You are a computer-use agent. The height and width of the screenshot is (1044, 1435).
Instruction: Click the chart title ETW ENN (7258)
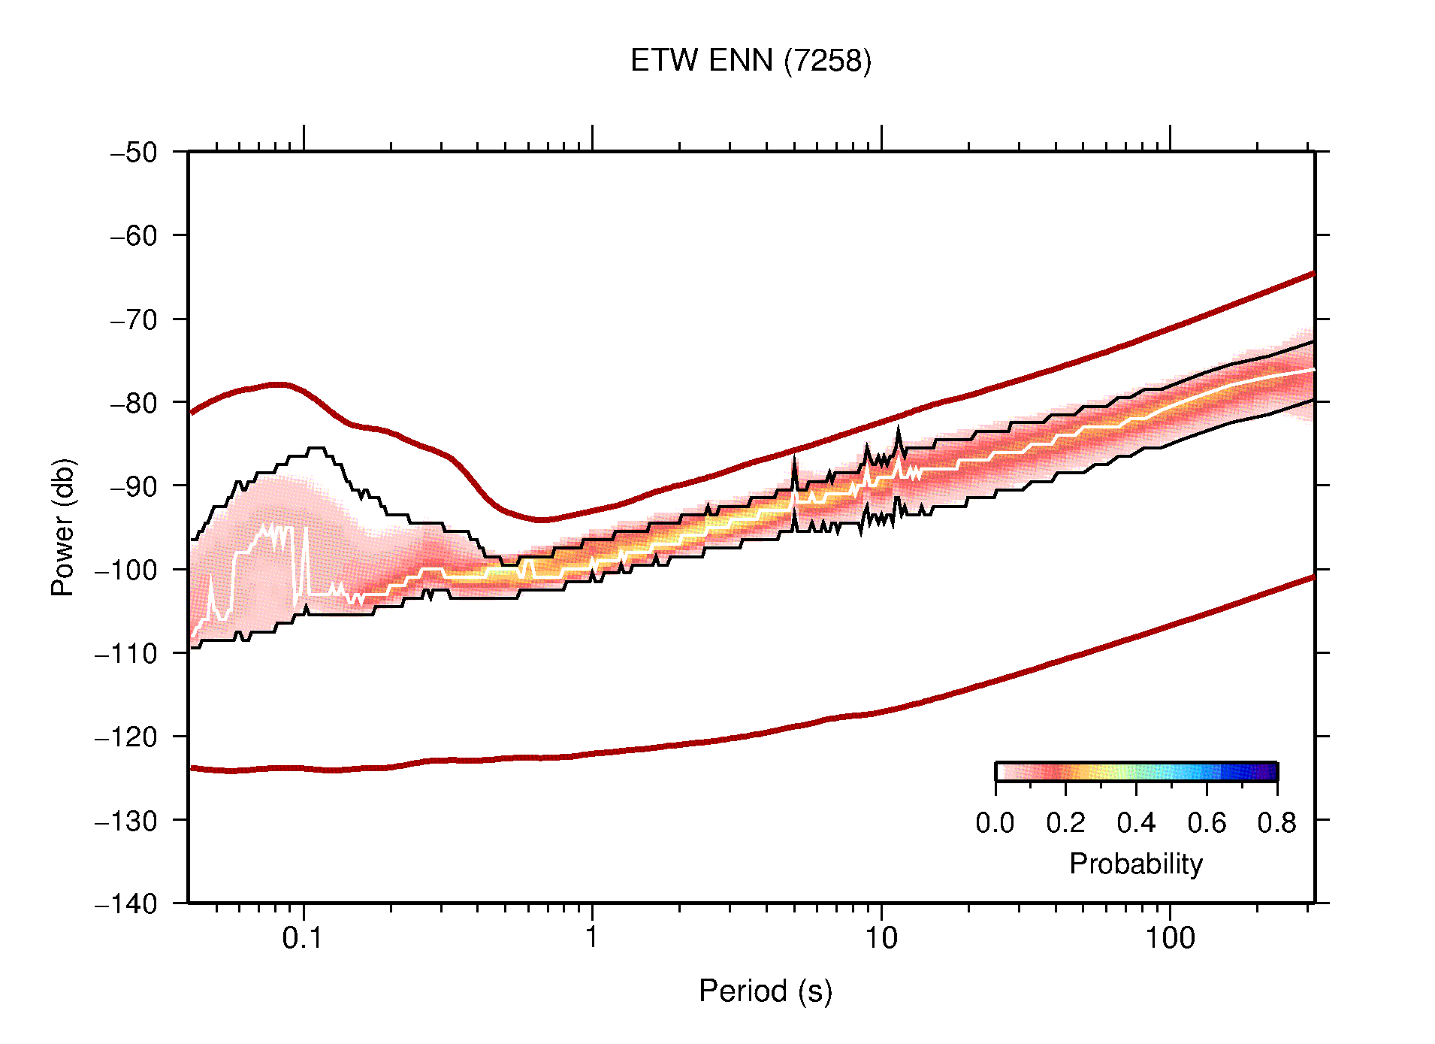751,61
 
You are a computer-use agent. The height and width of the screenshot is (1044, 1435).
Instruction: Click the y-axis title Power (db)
63,527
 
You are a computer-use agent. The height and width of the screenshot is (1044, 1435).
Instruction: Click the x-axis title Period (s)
765,991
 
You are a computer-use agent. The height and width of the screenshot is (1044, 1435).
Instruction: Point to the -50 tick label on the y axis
134,153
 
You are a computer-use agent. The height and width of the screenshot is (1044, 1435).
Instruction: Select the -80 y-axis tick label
134,403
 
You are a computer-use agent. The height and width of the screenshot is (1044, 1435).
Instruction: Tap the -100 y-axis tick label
126,570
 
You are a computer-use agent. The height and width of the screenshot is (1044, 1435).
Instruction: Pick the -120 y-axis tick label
126,737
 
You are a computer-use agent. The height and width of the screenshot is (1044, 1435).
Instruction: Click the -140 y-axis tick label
126,903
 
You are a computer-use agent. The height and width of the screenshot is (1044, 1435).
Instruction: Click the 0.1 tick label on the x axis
303,938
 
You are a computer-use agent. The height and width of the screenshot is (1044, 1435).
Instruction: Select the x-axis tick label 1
592,938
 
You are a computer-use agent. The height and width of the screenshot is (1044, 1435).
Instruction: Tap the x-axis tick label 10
881,938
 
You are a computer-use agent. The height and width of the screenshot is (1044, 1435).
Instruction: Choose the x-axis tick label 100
1169,938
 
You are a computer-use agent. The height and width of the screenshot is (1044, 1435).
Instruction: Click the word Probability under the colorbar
1135,864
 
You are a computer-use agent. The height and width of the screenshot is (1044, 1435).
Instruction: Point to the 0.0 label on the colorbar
995,823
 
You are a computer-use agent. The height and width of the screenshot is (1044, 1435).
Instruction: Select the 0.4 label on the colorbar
1136,823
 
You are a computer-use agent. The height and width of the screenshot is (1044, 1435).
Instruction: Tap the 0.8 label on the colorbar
1276,823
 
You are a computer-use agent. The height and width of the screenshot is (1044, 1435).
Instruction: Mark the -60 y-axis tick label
134,236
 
